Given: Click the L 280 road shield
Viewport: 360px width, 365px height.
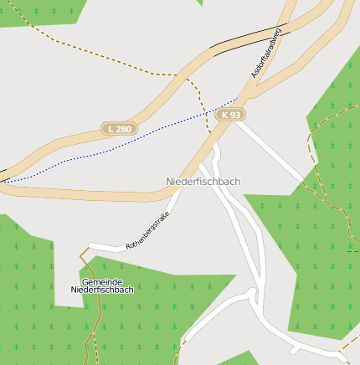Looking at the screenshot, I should point(119,129).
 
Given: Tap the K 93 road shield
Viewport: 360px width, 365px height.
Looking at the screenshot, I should point(229,114).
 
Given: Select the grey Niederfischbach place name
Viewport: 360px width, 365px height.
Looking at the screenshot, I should point(203,182).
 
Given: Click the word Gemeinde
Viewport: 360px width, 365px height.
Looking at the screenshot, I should point(102,281).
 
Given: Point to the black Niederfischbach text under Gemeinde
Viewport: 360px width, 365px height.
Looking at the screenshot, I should point(102,290).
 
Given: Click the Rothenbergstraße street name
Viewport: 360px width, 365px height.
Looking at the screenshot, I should point(147,231).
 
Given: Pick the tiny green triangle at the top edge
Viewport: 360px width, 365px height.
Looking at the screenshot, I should point(200,3).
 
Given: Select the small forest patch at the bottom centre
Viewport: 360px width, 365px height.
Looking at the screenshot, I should point(239,359).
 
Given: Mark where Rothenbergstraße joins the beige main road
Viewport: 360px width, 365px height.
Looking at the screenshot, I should point(177,194).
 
